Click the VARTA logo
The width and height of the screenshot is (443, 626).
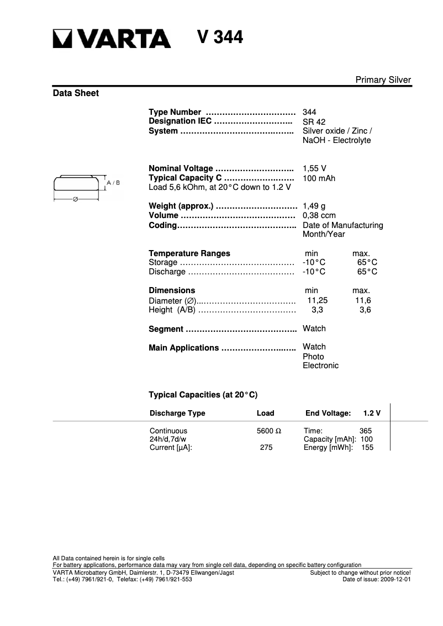pyautogui.click(x=112, y=39)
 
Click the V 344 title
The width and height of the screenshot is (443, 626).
pyautogui.click(x=220, y=38)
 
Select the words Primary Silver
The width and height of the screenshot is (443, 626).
pyautogui.click(x=383, y=80)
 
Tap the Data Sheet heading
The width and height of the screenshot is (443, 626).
pyautogui.click(x=76, y=93)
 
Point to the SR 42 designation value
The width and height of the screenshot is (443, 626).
pyautogui.click(x=314, y=121)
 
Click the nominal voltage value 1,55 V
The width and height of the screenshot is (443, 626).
pyautogui.click(x=314, y=168)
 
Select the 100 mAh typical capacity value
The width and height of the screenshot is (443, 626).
pyautogui.click(x=319, y=178)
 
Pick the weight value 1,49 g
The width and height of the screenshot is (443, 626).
pyautogui.click(x=314, y=206)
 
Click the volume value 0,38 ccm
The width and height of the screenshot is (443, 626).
pyautogui.click(x=319, y=215)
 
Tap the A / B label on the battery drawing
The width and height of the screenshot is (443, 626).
pyautogui.click(x=113, y=182)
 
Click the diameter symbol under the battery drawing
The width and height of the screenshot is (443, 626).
pyautogui.click(x=75, y=199)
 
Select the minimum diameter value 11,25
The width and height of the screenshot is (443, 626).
pyautogui.click(x=317, y=300)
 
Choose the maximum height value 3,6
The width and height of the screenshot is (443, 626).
pyautogui.click(x=365, y=310)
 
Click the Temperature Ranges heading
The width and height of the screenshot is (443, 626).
pyautogui.click(x=189, y=253)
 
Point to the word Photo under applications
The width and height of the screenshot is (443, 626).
pyautogui.click(x=313, y=357)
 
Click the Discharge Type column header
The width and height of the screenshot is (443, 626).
pyautogui.click(x=177, y=413)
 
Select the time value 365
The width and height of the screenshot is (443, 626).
pyautogui.click(x=366, y=431)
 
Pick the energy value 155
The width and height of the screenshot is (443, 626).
pyautogui.click(x=367, y=448)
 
